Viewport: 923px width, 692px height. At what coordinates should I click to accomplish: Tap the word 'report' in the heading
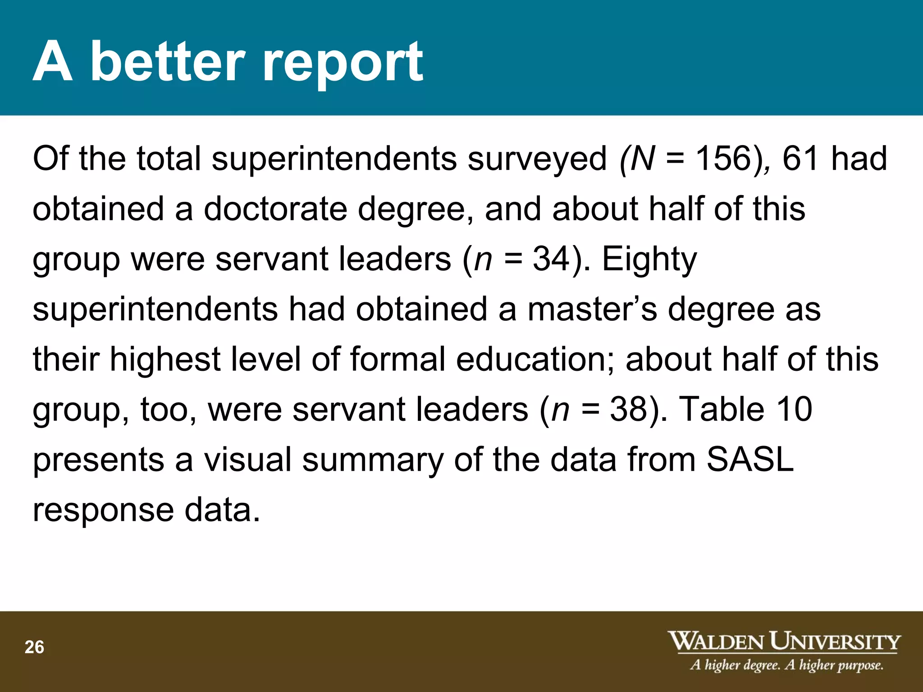click(343, 63)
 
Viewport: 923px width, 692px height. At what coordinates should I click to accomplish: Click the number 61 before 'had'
click(800, 159)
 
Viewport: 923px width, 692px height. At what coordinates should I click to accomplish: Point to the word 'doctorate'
click(275, 209)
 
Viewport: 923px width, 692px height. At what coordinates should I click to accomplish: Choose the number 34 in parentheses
click(551, 259)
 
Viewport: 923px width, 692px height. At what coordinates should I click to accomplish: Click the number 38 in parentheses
click(628, 409)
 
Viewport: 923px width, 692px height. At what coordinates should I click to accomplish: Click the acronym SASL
click(750, 459)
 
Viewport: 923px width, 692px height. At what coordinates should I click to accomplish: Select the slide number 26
click(34, 647)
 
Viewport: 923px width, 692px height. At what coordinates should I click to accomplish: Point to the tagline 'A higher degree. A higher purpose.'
click(786, 665)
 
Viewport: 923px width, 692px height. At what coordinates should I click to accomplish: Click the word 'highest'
click(165, 360)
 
